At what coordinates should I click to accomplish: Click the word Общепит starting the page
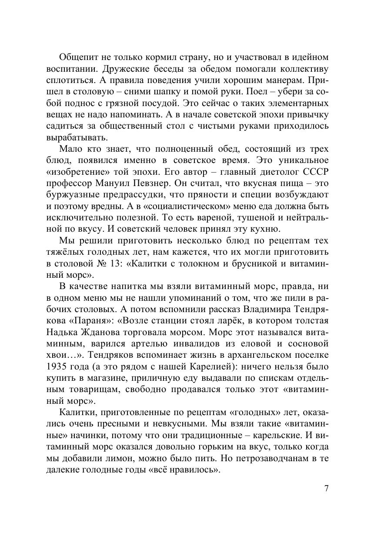[75, 57]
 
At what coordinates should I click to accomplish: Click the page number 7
[327, 488]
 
